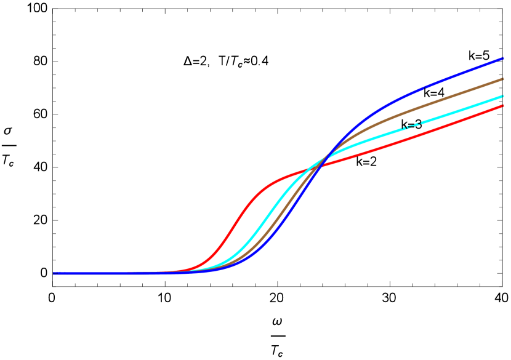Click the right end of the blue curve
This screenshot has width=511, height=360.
(503, 58)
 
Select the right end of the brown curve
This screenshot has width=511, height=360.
(503, 79)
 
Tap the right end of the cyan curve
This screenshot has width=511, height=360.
(503, 96)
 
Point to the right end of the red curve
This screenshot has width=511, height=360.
(503, 106)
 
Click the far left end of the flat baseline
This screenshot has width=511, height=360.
(54, 273)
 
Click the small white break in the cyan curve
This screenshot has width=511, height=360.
(411, 126)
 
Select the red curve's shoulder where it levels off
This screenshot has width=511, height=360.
(271, 183)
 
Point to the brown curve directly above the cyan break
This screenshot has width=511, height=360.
(411, 111)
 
